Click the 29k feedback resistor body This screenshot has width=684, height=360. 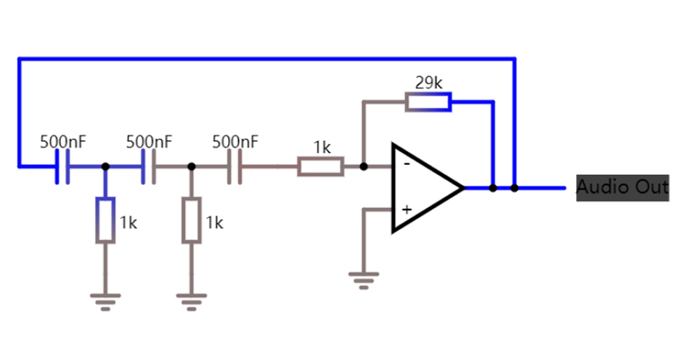pos(428,102)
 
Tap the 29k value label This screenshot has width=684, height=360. pos(428,83)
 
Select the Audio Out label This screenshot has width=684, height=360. pos(622,187)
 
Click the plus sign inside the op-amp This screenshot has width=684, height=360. pos(406,210)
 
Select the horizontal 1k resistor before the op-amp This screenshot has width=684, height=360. pos(320,166)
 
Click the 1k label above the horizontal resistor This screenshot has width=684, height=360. pos(322,148)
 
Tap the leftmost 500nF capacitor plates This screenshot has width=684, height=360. pos(63,166)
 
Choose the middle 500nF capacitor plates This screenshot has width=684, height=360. pos(149,166)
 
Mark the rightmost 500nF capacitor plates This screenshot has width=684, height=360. pos(235,166)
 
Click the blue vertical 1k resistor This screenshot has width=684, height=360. pos(106,221)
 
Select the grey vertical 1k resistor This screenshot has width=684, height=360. pos(192,221)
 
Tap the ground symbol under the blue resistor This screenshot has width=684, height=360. pos(106,301)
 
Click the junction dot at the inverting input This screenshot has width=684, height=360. pos(364,166)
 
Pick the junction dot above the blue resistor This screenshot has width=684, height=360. pos(106,166)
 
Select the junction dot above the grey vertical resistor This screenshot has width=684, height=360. pos(192,166)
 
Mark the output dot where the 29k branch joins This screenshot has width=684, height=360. pos(492,188)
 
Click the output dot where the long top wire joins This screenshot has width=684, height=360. pos(514,188)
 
